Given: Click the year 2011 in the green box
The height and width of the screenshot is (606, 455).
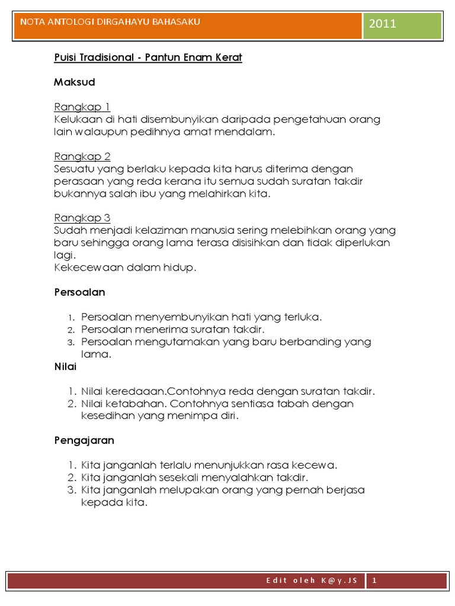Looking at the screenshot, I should pyautogui.click(x=382, y=24).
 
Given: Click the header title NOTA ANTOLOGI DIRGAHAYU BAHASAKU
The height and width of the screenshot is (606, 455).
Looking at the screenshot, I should pyautogui.click(x=110, y=22).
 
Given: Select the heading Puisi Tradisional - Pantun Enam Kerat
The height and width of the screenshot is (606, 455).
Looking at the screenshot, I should pyautogui.click(x=148, y=58).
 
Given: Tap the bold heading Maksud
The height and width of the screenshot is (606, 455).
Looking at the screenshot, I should pyautogui.click(x=74, y=82).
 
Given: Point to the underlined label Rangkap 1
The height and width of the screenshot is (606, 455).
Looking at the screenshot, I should pyautogui.click(x=82, y=107).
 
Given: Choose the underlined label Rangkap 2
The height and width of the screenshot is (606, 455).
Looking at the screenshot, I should pyautogui.click(x=82, y=157).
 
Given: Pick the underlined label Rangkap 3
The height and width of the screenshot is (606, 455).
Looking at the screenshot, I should pyautogui.click(x=82, y=218).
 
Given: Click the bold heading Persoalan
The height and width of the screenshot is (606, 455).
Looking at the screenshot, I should pyautogui.click(x=79, y=292).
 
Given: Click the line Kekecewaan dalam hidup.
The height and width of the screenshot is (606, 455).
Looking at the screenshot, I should pyautogui.click(x=124, y=267).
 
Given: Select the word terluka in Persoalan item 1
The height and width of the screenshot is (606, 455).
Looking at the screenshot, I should pyautogui.click(x=303, y=317).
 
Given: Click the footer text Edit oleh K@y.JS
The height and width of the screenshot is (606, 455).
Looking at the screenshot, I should pyautogui.click(x=312, y=581).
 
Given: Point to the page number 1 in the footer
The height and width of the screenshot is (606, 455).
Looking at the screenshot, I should pyautogui.click(x=374, y=581).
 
